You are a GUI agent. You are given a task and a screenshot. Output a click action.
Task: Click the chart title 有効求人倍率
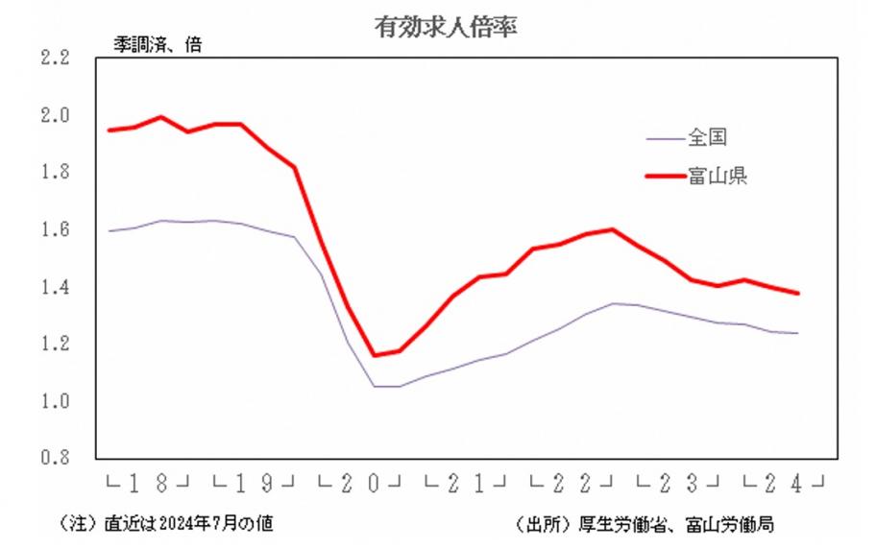coord(446,27)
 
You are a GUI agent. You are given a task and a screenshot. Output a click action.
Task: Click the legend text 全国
coord(706,138)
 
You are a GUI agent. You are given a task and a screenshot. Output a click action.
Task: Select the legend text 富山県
coord(717,176)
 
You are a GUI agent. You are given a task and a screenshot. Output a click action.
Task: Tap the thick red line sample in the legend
coord(664,177)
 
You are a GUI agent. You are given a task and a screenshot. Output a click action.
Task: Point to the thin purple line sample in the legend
coord(664,139)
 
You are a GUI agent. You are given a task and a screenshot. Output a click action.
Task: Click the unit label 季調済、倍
coord(151,44)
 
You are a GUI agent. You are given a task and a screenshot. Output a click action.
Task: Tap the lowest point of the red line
coord(375,356)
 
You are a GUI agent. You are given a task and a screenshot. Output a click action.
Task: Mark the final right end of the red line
coord(798,294)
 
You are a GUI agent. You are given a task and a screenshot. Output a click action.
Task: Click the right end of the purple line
coord(798,333)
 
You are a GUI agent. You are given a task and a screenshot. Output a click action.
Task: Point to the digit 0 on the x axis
coord(371,482)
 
